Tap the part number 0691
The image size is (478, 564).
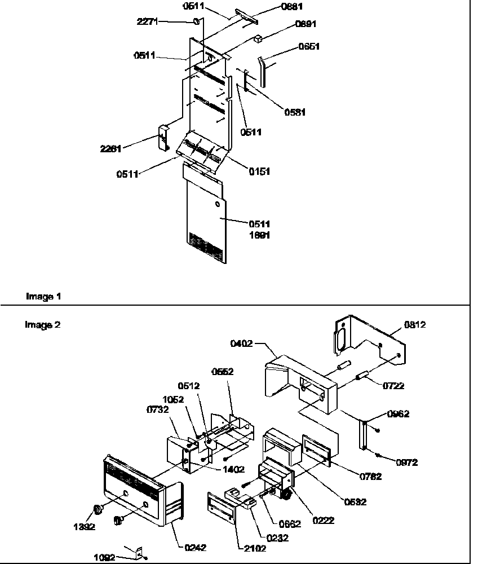(306, 24)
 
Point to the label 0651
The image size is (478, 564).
(309, 47)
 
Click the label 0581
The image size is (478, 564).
(295, 112)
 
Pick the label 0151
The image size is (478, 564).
(259, 171)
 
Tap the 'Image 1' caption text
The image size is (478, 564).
(43, 296)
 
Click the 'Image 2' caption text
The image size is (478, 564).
(43, 324)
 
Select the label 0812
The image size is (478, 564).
(414, 324)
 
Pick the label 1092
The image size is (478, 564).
(104, 557)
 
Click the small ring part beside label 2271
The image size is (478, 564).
(197, 21)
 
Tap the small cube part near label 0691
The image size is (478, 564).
(258, 39)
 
